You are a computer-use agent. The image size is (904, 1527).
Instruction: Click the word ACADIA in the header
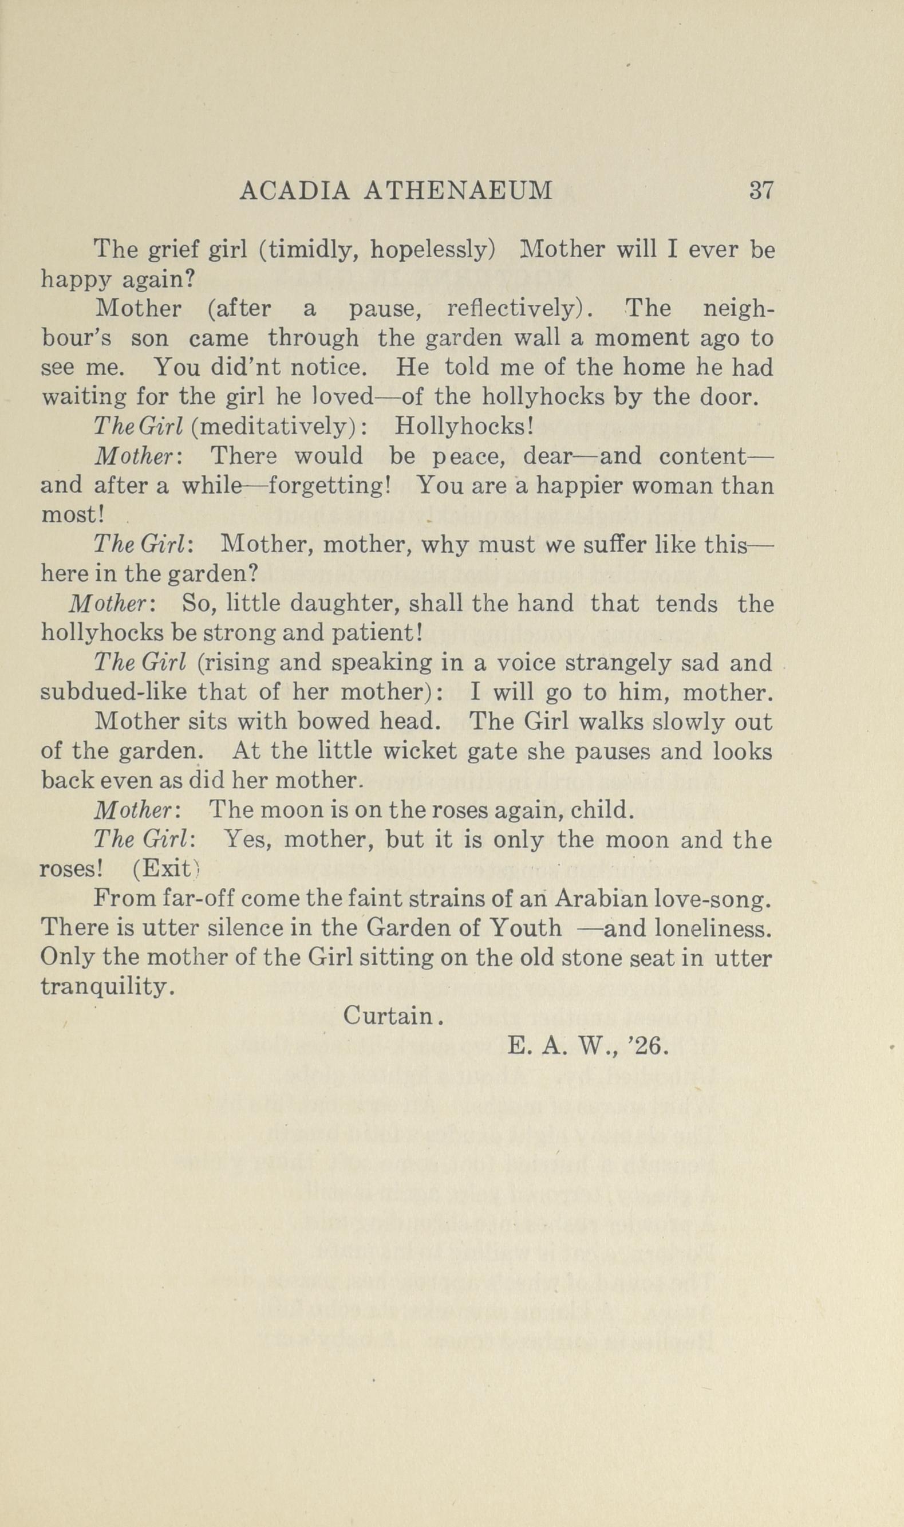(295, 191)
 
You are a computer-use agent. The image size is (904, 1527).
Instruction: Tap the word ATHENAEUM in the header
(457, 191)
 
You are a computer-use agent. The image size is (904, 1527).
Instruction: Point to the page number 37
(761, 191)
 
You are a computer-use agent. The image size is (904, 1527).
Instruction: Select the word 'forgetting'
(329, 486)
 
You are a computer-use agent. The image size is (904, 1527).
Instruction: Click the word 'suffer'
(611, 545)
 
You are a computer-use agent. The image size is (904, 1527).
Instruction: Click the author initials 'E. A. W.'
(559, 1046)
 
